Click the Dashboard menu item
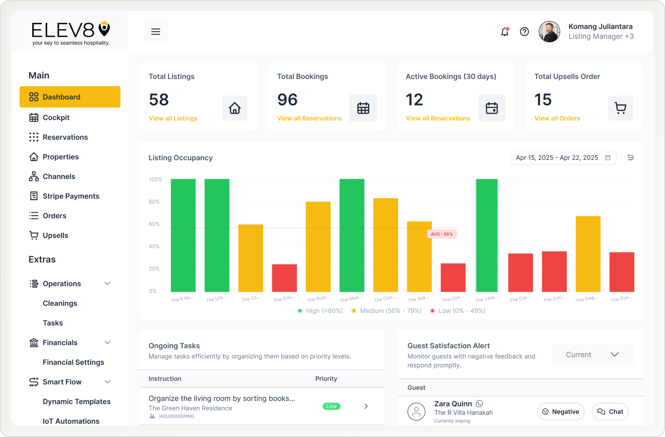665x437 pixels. (x=70, y=97)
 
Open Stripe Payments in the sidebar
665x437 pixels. (x=71, y=196)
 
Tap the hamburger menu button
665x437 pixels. (x=155, y=32)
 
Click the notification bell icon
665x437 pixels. (x=505, y=32)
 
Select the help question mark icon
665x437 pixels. (x=524, y=32)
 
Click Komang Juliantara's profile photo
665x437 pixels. (x=549, y=32)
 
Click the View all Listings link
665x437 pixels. (x=173, y=118)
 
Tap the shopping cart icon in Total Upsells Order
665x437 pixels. (x=620, y=108)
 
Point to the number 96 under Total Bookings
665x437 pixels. (x=287, y=100)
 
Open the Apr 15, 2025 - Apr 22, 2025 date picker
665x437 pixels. (x=563, y=158)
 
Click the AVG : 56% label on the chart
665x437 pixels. (x=442, y=234)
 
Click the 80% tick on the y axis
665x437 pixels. (x=154, y=202)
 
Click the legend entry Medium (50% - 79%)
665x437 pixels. (x=390, y=311)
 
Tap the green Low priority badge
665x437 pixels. (x=331, y=406)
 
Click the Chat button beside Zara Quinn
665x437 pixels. (x=610, y=412)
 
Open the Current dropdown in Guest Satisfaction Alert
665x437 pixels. (x=592, y=354)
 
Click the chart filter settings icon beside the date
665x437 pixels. (x=631, y=158)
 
